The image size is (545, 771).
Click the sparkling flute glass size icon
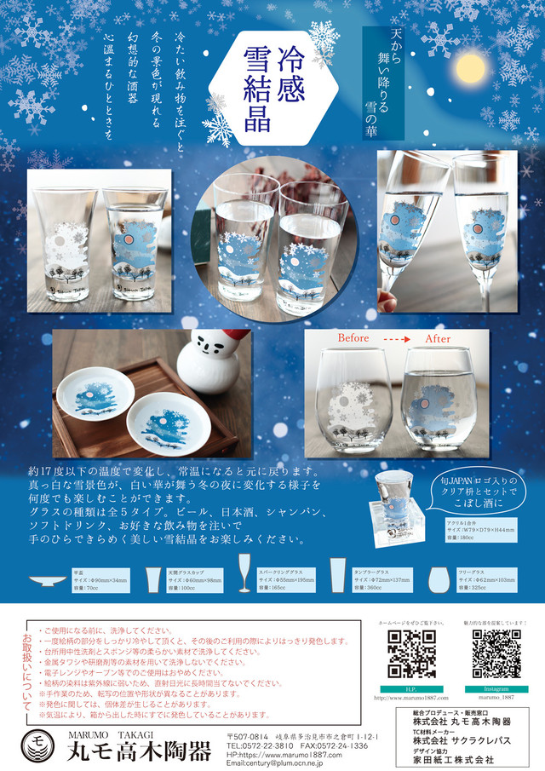coord(244,572)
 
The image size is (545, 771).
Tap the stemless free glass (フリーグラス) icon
coord(441,577)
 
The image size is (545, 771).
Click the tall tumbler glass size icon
coord(338,577)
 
